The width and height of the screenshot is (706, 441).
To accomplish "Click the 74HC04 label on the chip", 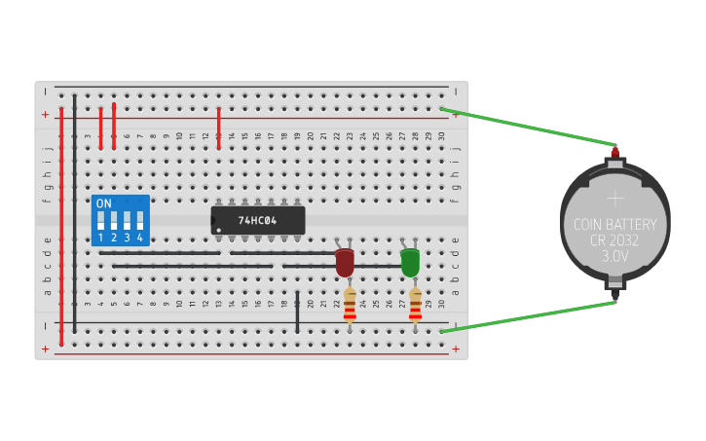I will click(x=258, y=221).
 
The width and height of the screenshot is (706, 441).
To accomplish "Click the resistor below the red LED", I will click(x=350, y=304).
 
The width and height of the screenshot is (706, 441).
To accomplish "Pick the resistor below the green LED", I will click(x=415, y=304).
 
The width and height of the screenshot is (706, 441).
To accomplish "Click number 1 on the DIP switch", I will click(x=100, y=238).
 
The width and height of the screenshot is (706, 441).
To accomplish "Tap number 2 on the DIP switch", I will click(x=113, y=238).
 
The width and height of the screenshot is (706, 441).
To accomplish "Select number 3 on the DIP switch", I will click(x=127, y=238).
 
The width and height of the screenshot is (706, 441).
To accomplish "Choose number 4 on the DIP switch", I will click(x=140, y=238).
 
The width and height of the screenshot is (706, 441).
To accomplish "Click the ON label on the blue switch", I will click(x=103, y=203).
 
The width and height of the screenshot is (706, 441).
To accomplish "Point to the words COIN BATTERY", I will click(x=614, y=225).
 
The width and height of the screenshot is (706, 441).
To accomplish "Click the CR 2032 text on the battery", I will click(x=614, y=240).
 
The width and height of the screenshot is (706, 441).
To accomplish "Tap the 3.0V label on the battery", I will click(x=614, y=257).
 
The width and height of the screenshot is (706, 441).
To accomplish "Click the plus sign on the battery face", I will click(x=614, y=198).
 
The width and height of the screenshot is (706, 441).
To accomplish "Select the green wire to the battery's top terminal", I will click(x=531, y=128).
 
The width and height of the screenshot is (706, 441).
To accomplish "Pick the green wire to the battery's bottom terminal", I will click(x=531, y=315).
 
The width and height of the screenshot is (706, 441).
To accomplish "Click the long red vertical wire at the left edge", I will click(x=61, y=224).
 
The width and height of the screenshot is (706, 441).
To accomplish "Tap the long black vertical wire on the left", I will click(x=74, y=209).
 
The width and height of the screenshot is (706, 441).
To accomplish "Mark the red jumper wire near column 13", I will click(x=219, y=129).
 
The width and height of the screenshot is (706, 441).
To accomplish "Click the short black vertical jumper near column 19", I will click(x=297, y=312).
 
